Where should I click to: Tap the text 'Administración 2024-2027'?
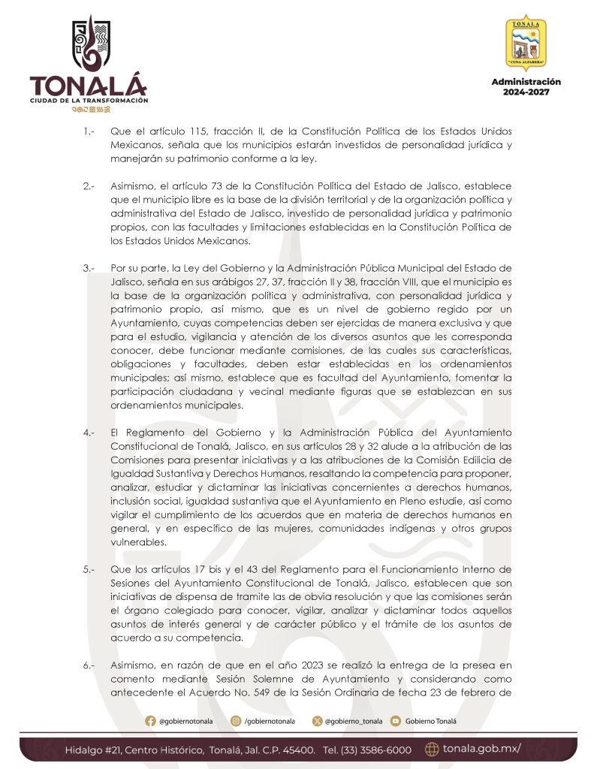(x=526, y=86)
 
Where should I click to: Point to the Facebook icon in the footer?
(x=151, y=721)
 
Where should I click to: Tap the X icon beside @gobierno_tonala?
(x=318, y=721)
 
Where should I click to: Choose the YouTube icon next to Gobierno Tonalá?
(x=396, y=721)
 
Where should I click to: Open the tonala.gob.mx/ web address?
(x=481, y=749)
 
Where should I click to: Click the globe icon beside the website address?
(x=432, y=749)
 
